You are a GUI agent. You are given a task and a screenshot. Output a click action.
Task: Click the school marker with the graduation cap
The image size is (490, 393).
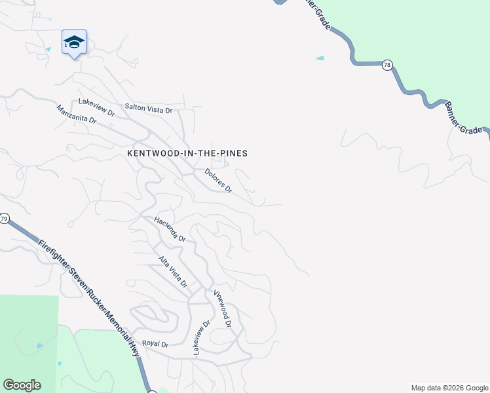[x=74, y=43]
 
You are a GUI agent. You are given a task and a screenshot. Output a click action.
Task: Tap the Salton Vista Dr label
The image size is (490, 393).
[x=148, y=108]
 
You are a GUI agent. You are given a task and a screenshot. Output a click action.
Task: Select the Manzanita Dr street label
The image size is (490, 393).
[x=77, y=115]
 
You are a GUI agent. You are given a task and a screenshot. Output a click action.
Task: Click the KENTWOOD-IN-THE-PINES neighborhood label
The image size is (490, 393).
[x=187, y=153]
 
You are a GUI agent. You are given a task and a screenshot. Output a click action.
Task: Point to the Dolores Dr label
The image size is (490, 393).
[x=218, y=181]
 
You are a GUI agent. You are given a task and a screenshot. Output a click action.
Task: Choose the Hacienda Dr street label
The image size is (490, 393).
[x=170, y=230]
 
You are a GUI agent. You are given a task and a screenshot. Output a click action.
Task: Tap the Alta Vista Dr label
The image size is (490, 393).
[x=173, y=272]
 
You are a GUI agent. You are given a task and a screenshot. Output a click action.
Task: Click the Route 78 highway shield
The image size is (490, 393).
[x=387, y=64]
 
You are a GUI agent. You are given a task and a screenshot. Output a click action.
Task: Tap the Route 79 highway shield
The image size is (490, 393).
[x=4, y=219]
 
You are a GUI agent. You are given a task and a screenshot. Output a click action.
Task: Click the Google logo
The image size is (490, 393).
[x=22, y=385]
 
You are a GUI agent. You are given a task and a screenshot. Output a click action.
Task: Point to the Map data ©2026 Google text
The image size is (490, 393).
[x=449, y=388]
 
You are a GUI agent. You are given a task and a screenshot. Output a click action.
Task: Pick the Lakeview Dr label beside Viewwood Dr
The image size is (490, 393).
[x=201, y=338]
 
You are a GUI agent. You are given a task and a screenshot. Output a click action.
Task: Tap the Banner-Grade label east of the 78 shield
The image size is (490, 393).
[x=466, y=118]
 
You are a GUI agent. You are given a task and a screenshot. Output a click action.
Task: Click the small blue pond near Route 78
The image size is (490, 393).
[x=320, y=58]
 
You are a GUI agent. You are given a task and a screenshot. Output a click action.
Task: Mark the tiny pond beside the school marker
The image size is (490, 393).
[x=48, y=49]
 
